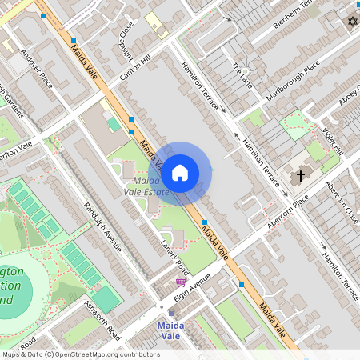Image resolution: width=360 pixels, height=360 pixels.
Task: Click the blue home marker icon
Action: [x=180, y=172]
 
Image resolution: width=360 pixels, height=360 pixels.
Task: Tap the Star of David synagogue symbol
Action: [x=351, y=22]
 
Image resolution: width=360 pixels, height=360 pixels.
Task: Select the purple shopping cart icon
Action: [x=182, y=282]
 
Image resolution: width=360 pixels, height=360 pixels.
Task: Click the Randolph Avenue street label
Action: [x=102, y=226]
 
